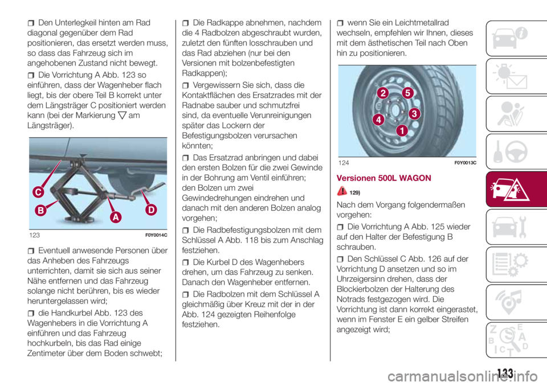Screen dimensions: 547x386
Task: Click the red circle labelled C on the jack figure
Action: pyautogui.click(x=38, y=192)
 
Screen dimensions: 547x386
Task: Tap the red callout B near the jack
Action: pyautogui.click(x=41, y=210)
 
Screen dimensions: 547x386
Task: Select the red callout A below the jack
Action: pyautogui.click(x=116, y=217)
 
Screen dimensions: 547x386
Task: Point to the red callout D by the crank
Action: pyautogui.click(x=151, y=210)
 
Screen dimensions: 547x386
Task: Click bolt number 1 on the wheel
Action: pyautogui.click(x=402, y=131)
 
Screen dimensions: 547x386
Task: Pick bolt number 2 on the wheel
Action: pyautogui.click(x=383, y=93)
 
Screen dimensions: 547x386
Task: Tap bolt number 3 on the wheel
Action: pyautogui.click(x=414, y=114)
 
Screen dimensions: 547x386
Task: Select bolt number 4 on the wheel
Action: pyautogui.click(x=378, y=120)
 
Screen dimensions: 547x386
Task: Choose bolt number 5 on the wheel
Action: pyautogui.click(x=407, y=93)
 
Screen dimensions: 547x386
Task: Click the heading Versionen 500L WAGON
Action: pyautogui.click(x=383, y=178)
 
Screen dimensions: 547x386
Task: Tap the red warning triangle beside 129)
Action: pyautogui.click(x=342, y=191)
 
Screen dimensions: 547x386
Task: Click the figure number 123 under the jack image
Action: pyautogui.click(x=35, y=235)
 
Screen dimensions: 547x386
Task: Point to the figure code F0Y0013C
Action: pyautogui.click(x=466, y=163)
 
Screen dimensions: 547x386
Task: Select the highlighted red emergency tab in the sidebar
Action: pyautogui.click(x=516, y=190)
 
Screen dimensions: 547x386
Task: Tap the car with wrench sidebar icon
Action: pyautogui.click(x=509, y=227)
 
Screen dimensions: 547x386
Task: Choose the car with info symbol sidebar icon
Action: pyautogui.click(x=510, y=38)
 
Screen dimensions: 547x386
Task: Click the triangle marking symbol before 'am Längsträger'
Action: pyautogui.click(x=122, y=116)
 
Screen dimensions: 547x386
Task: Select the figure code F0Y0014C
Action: pyautogui.click(x=156, y=235)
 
